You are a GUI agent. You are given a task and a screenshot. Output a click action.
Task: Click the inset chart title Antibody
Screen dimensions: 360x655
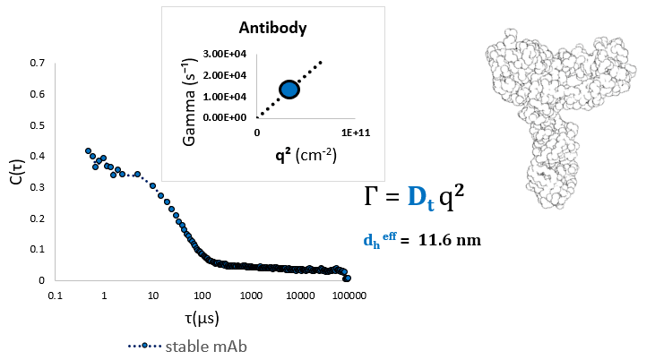coord(272,28)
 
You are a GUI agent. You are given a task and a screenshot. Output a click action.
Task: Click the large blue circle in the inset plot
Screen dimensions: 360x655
coord(289,89)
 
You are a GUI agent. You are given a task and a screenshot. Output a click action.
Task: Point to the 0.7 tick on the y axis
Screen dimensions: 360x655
coord(37,64)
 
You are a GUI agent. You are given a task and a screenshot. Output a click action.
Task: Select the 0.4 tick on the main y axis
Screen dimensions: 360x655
coord(37,157)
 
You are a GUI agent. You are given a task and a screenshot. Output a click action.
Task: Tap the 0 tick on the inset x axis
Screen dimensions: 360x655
coord(257,133)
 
